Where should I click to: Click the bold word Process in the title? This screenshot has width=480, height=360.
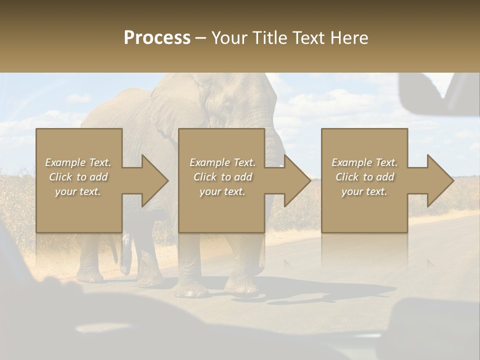157,38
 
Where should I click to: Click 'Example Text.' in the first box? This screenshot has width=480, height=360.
78,162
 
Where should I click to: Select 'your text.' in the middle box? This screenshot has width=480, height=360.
222,191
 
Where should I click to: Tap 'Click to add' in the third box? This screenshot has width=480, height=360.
364,177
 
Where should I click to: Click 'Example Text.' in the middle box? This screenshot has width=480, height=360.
222,162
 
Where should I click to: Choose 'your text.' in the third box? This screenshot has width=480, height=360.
364,191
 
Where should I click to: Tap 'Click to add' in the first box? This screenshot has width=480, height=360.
78,177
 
